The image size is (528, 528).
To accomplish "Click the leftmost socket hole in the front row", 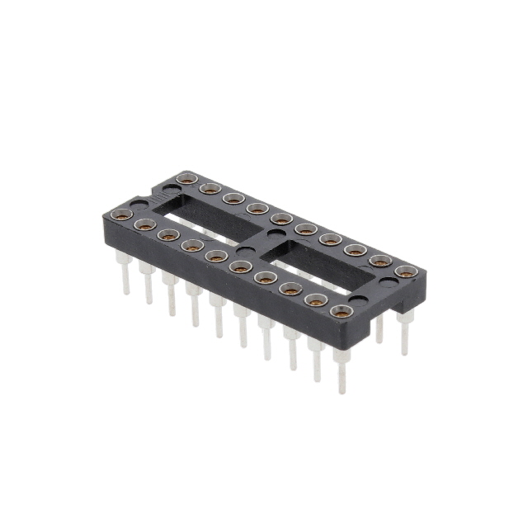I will tap(122, 215).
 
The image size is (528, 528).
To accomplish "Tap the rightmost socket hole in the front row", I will tap(340, 311).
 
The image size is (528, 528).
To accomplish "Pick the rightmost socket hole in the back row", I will tap(404, 271).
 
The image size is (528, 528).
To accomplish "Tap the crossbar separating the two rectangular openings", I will tap(264, 239).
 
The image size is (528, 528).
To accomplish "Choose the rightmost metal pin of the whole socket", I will tap(404, 334).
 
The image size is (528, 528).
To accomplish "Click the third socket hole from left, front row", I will tap(168, 235).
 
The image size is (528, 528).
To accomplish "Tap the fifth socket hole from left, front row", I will tap(216, 257).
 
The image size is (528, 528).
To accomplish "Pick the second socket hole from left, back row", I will tap(210, 189).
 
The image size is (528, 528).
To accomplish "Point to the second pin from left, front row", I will tap(148, 285).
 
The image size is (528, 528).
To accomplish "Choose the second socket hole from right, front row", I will tap(315, 300).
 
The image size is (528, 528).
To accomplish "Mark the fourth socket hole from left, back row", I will tap(257, 209).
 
